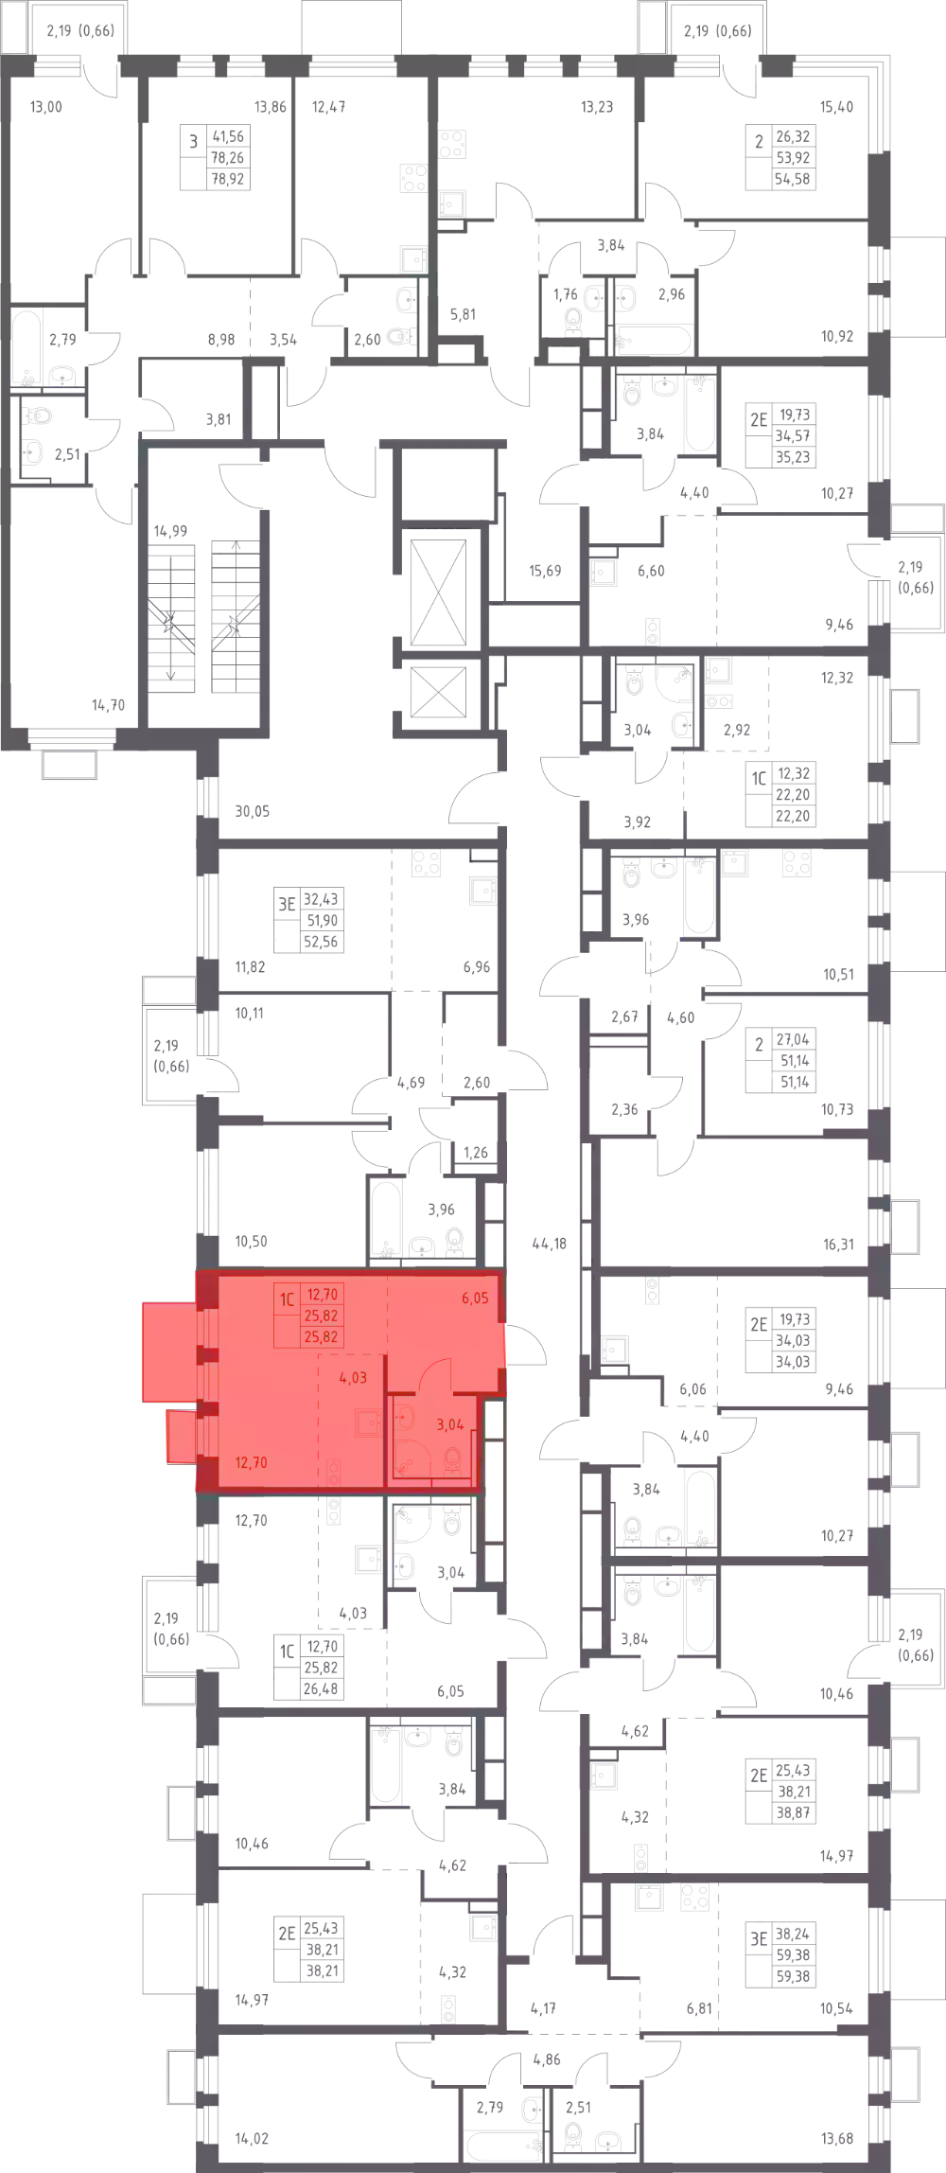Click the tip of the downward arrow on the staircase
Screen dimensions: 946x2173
[171, 679]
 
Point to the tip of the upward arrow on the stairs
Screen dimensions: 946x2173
[235, 541]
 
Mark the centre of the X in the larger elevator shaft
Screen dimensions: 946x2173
[438, 592]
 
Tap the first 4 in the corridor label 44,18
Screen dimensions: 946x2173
[535, 1244]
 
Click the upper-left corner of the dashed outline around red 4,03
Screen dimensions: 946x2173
[319, 1354]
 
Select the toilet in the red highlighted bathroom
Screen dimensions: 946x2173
[453, 1459]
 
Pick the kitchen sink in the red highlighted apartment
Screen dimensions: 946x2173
[368, 1422]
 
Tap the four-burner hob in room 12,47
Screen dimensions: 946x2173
[413, 178]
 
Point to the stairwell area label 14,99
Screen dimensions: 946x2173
[170, 531]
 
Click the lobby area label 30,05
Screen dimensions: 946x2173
[253, 811]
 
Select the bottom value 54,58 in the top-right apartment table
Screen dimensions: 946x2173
[793, 179]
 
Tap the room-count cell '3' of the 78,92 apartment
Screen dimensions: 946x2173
[194, 142]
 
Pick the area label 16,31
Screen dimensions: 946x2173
[838, 1245]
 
